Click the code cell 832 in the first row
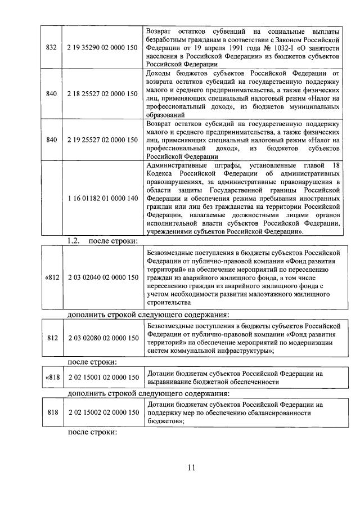[x=51, y=49]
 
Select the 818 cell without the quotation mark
[x=53, y=412]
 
